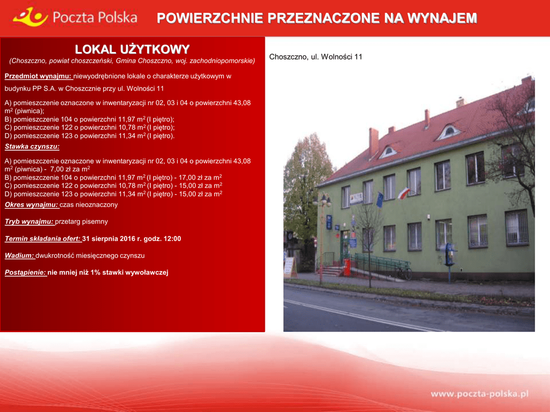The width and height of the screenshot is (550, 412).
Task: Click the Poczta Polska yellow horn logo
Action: pyautogui.click(x=30, y=17)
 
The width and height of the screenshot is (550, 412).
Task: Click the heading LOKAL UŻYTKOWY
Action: pyautogui.click(x=132, y=49)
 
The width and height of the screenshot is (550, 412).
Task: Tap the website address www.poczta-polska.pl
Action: pyautogui.click(x=479, y=394)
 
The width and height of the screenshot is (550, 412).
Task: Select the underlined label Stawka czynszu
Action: pyautogui.click(x=32, y=146)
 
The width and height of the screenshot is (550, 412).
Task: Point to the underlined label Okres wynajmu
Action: pyautogui.click(x=31, y=204)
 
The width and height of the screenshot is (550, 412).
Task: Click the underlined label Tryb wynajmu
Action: pyautogui.click(x=29, y=222)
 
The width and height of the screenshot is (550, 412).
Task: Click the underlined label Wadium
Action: pyautogui.click(x=19, y=255)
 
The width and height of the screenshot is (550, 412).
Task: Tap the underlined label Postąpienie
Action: pyautogui.click(x=26, y=272)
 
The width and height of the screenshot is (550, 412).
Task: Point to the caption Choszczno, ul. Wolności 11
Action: pyautogui.click(x=316, y=57)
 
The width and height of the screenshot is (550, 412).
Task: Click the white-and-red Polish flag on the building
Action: pyautogui.click(x=404, y=193)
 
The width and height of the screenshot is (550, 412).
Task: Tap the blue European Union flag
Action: pyautogui.click(x=380, y=200)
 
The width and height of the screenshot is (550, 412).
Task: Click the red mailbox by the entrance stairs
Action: pyautogui.click(x=347, y=268)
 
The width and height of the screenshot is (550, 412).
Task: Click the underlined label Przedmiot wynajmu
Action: pyautogui.click(x=38, y=76)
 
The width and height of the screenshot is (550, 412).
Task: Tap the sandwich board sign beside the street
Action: pyautogui.click(x=290, y=268)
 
